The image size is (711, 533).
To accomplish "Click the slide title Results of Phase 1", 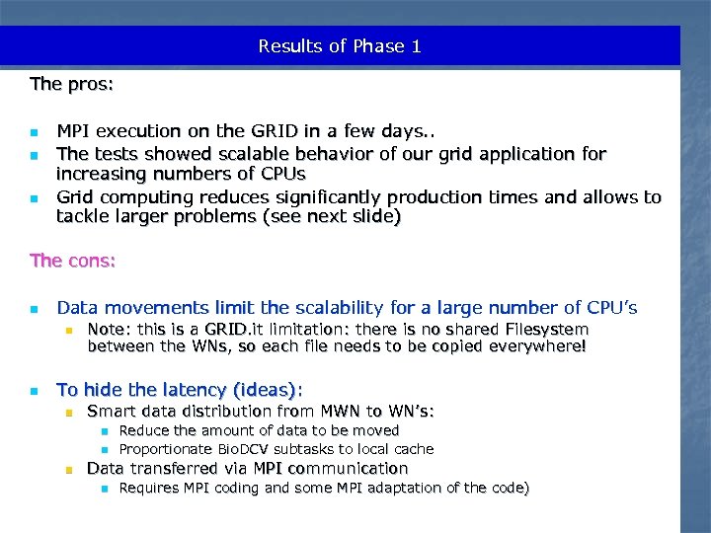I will point(340,46).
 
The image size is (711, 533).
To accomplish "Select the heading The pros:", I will point(72,84).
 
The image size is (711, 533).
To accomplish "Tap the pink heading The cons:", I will point(73,261).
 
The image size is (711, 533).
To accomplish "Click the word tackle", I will point(84,217).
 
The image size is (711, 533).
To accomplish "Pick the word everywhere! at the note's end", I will point(537,346).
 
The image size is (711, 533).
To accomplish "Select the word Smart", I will point(111,411).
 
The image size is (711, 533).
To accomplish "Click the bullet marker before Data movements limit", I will point(35,309).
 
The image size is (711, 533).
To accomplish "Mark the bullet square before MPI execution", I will point(35,131).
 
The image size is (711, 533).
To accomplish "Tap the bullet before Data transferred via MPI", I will point(67,469).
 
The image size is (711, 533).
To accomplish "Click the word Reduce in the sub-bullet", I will point(143,430).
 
